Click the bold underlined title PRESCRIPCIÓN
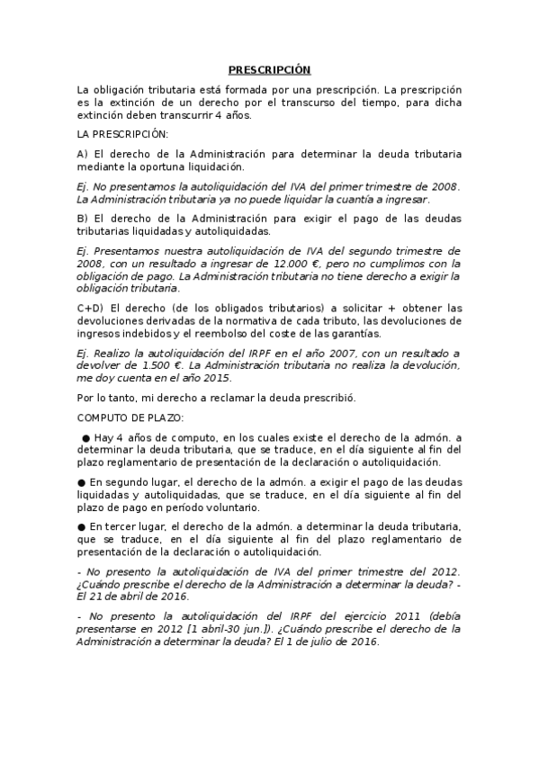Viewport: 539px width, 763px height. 269,69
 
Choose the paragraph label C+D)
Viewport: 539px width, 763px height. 90,308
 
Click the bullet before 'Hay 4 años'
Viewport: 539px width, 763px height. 84,438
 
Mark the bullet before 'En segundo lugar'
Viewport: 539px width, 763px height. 82,483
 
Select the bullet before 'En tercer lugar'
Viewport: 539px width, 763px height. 82,526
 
